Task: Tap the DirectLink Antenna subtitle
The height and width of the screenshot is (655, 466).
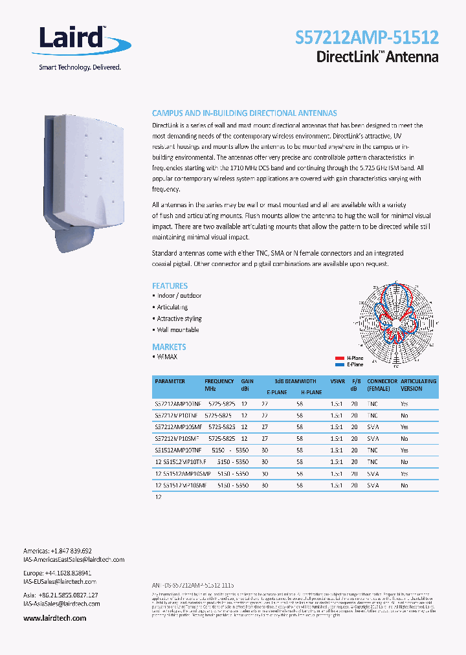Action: pos(377,57)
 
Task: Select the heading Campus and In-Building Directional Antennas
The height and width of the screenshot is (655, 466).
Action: pos(244,113)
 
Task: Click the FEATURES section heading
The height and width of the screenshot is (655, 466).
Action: pos(170,285)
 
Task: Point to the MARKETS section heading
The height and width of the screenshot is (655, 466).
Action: pos(169,347)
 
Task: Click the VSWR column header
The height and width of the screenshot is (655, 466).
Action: pos(337,381)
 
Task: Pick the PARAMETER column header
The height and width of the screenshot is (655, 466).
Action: pos(170,381)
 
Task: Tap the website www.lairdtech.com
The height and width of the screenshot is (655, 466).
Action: pos(54,618)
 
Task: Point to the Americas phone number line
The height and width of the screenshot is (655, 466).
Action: pos(57,550)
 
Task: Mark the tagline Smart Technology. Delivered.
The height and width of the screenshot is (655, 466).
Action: pos(62,67)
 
